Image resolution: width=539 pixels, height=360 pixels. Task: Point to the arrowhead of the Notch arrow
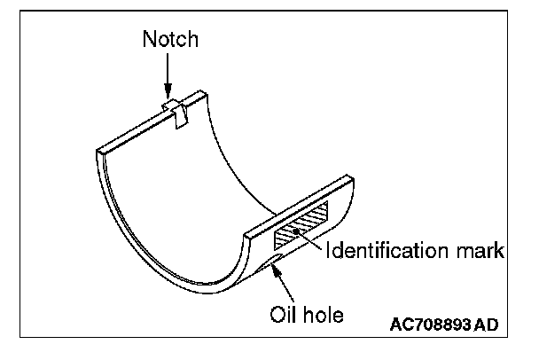click(167, 95)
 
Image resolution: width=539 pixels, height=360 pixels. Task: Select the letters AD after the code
click(485, 325)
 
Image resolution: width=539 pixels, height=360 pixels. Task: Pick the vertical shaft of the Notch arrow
click(167, 71)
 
